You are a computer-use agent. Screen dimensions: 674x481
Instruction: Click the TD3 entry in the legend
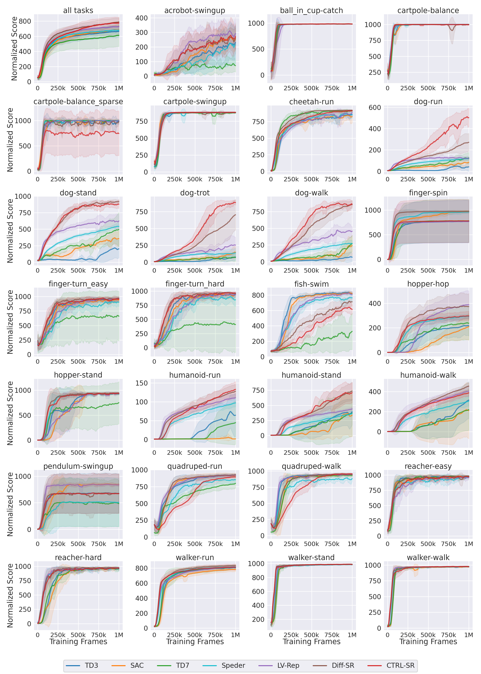coord(91,665)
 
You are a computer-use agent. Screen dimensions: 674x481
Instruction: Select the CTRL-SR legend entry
coord(400,665)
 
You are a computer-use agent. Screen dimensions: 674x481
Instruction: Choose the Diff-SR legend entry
coord(343,665)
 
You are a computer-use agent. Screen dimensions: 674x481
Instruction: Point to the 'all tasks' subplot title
coord(78,11)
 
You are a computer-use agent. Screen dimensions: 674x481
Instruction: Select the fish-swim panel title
coord(311,284)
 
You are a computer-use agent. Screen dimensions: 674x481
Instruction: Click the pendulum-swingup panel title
coord(78,466)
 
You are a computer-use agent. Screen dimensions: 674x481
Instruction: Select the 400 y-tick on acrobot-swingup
coord(141,18)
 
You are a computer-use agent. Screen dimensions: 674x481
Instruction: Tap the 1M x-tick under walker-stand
coord(352,635)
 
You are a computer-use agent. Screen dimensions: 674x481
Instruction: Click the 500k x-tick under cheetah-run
coord(311,179)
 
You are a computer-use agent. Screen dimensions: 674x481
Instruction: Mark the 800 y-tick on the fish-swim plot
coord(258,295)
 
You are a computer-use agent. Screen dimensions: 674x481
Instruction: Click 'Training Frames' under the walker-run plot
coord(195,642)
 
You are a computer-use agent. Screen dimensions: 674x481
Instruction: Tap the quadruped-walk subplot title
coord(311,466)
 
